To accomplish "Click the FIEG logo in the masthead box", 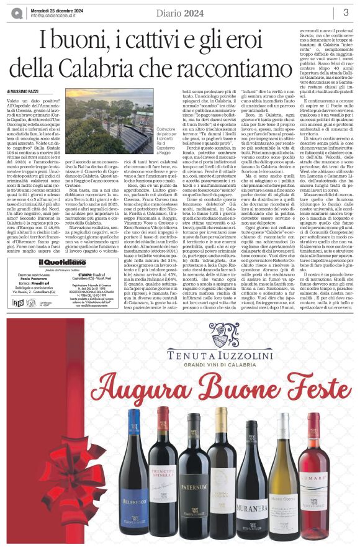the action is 18,302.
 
